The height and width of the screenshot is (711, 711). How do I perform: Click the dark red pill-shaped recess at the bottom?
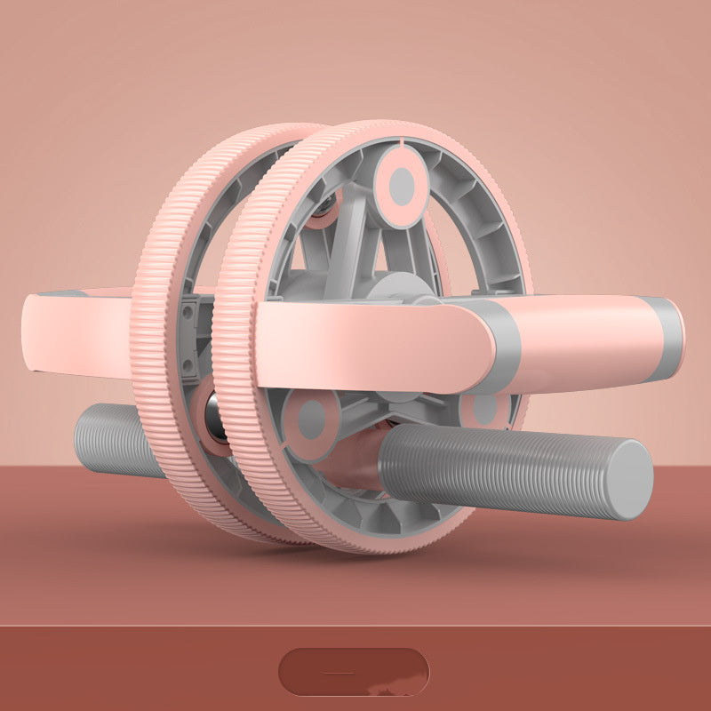(x=354, y=672)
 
